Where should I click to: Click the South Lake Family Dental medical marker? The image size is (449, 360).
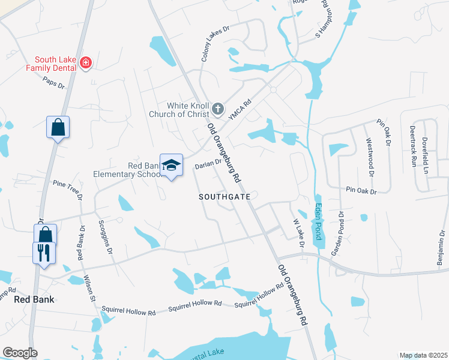[86, 62]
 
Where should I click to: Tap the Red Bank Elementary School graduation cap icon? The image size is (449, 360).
[171, 165]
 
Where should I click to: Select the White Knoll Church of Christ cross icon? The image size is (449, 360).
[218, 110]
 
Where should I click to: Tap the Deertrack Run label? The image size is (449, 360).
[412, 146]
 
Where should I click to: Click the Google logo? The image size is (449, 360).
[20, 353]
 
